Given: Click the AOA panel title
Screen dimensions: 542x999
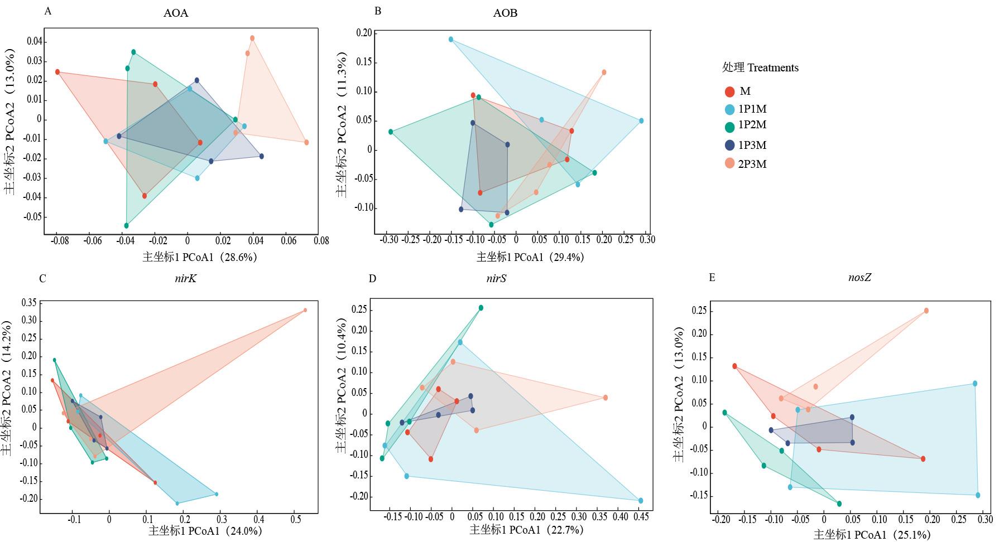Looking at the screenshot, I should point(175,13).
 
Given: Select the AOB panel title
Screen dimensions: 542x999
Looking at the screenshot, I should point(505,13).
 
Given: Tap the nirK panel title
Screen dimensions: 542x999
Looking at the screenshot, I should point(185,278).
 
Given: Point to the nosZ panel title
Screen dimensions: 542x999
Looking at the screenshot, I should point(859,277).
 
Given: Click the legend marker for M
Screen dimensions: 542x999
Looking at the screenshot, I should point(729,92).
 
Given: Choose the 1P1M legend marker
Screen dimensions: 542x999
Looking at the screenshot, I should point(729,109).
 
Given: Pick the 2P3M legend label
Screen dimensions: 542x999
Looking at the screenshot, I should point(752,164).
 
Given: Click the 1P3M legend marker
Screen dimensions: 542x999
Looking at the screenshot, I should point(729,146).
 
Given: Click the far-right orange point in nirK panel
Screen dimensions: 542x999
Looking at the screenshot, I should point(305,310).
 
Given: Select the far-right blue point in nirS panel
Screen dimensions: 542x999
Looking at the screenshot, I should point(641,501).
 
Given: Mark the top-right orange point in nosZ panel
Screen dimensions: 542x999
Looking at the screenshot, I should point(926,311).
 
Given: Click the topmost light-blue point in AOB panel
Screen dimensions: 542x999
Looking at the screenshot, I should point(451,40).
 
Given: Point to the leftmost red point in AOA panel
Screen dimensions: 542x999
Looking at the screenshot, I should point(57,72).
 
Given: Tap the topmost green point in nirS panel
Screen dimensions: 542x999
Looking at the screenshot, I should point(481,308).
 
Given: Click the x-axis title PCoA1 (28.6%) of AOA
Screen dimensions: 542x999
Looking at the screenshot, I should point(200,257).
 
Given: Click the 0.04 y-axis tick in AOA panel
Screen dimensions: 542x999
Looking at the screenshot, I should point(34,41).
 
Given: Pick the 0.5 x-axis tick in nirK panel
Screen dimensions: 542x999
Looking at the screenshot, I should point(296,519).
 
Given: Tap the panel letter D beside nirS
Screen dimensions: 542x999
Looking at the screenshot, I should point(373,278).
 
